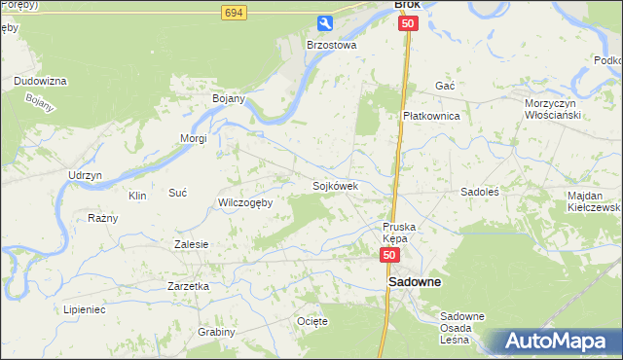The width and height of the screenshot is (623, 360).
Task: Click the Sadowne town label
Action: click(415, 282)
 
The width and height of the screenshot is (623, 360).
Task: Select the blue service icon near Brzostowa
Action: click(325, 22)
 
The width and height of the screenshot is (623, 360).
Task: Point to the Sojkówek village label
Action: click(335, 185)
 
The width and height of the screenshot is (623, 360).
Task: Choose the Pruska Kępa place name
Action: click(399, 233)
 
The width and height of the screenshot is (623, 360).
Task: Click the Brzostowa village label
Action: click(332, 45)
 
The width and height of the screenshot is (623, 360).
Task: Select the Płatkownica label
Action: click(431, 115)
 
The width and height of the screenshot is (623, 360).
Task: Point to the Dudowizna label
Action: click(40, 81)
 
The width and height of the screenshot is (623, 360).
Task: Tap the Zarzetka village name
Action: click(189, 286)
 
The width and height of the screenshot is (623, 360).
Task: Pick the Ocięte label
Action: click(312, 321)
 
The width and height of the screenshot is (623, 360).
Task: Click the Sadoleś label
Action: click(480, 193)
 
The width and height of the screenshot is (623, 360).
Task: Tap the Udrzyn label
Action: click(85, 174)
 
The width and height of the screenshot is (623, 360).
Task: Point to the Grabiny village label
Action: click(217, 332)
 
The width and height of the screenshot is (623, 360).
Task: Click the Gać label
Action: click(446, 86)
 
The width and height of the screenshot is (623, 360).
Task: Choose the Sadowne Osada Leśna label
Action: click(462, 328)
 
